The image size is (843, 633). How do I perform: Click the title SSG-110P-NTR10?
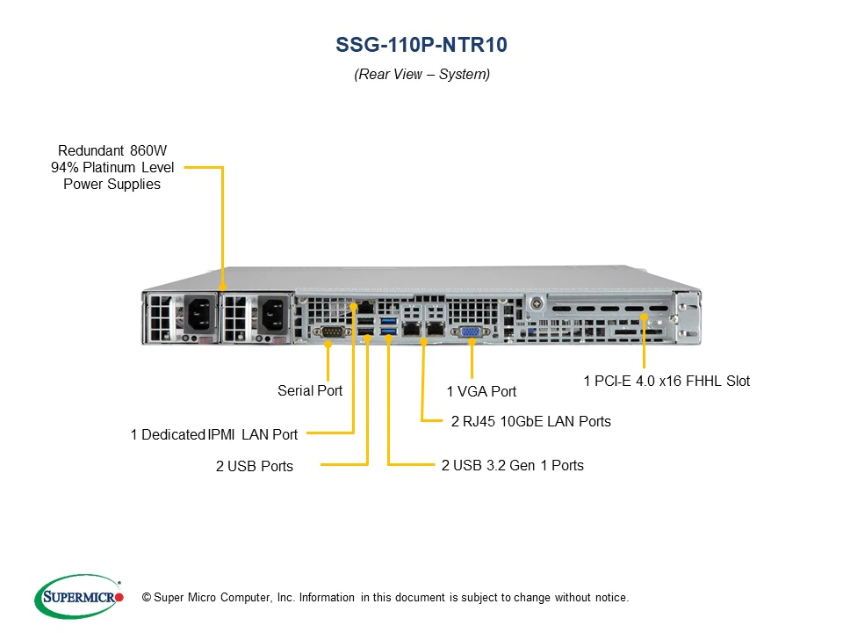[421, 45]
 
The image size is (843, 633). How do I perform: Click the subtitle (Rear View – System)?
[421, 75]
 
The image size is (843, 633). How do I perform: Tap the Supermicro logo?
[78, 597]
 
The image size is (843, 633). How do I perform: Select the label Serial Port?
[310, 390]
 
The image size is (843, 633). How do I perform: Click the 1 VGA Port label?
[481, 391]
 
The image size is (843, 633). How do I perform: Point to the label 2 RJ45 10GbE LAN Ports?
[530, 422]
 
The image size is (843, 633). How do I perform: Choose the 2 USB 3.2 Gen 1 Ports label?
[512, 465]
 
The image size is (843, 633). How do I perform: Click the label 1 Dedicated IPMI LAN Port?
[213, 434]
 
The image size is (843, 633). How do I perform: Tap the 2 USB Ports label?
[255, 466]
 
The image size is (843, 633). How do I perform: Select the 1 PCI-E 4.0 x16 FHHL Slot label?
[666, 382]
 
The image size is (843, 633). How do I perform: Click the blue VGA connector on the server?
[470, 331]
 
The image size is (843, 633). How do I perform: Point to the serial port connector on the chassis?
[331, 331]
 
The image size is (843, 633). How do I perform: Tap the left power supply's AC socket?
[197, 314]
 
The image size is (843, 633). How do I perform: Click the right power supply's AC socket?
[268, 314]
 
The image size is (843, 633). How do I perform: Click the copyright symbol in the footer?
[146, 598]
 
